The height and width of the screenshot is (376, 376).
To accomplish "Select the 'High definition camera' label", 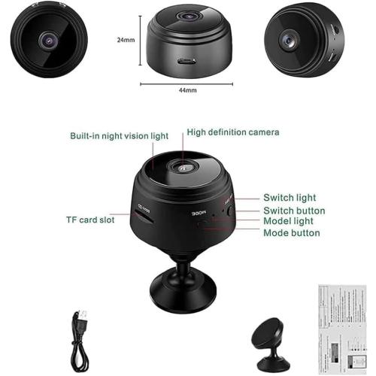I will [223, 132].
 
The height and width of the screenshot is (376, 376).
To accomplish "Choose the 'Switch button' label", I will [294, 211].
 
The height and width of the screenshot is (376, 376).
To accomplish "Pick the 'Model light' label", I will [290, 222].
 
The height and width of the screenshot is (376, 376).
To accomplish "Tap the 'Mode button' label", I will [291, 233].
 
